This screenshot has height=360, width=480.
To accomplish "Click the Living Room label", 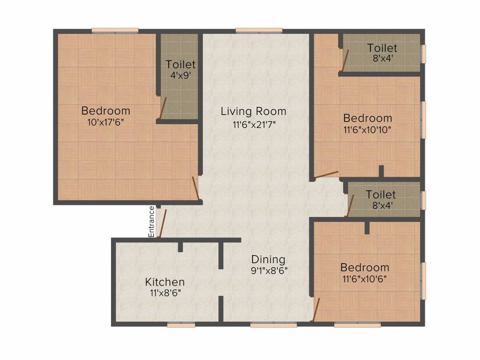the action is click(x=254, y=111).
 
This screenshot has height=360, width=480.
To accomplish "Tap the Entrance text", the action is click(x=151, y=222).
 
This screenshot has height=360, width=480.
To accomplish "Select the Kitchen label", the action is click(x=165, y=282).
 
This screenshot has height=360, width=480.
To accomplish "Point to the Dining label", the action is click(x=268, y=260).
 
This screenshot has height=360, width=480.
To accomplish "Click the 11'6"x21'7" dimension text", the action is click(x=255, y=125).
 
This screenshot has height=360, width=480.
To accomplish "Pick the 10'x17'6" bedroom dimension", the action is click(x=105, y=122).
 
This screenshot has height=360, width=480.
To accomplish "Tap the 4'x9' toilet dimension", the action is click(x=180, y=75).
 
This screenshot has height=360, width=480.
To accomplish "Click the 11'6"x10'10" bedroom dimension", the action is click(x=367, y=130).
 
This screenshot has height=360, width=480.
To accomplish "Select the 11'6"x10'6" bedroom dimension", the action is click(x=365, y=279).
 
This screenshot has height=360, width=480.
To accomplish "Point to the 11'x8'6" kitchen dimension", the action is click(x=165, y=293).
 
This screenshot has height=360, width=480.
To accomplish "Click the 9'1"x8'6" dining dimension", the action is click(x=269, y=270).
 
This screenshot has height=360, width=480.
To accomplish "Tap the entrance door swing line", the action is click(x=162, y=224).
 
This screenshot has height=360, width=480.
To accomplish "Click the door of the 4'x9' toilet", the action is click(x=162, y=108).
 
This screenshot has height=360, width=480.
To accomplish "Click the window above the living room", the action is click(x=259, y=30).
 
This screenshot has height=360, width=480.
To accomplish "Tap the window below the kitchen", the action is click(x=181, y=325).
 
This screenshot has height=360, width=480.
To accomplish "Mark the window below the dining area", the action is click(x=273, y=325).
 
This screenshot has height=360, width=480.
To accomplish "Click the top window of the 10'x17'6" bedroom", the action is click(x=115, y=30).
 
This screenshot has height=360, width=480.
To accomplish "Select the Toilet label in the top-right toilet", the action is click(x=382, y=48).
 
